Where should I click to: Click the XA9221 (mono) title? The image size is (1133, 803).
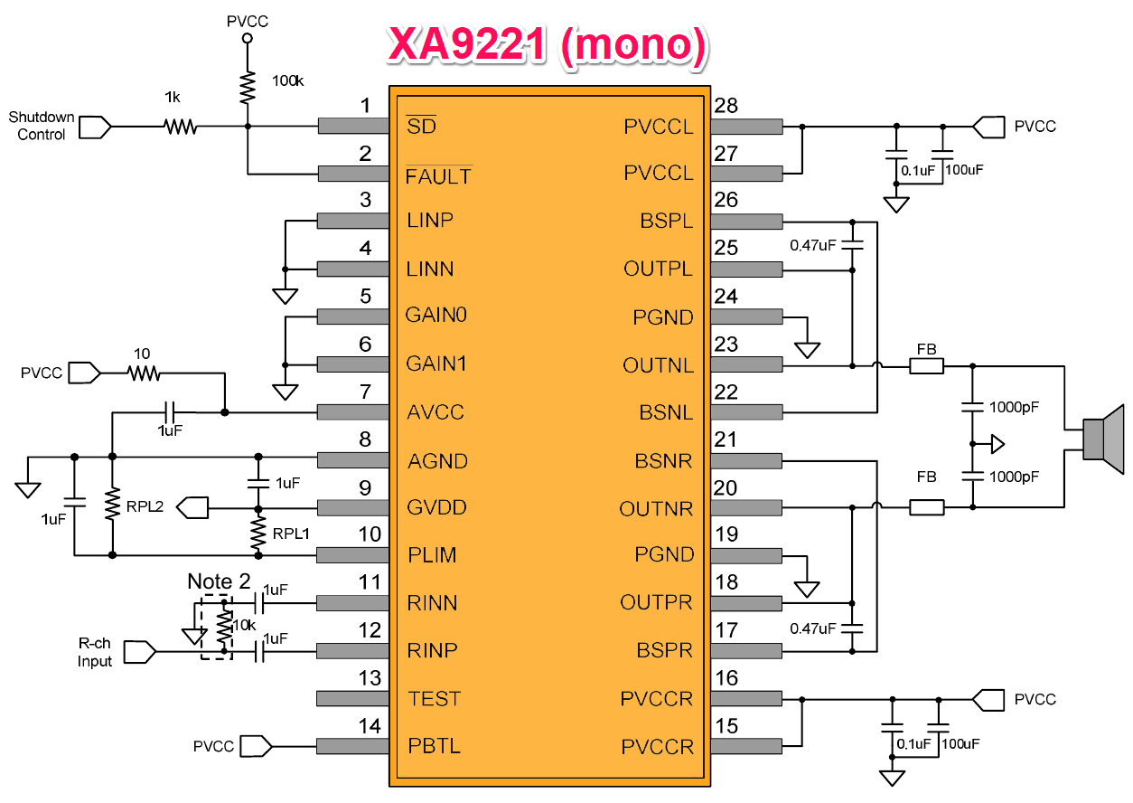tap(548, 44)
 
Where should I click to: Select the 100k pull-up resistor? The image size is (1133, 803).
tap(248, 88)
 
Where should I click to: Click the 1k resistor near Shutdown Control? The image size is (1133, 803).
tap(181, 126)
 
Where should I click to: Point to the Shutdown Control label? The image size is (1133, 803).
tap(42, 126)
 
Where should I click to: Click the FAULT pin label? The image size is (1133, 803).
tap(438, 176)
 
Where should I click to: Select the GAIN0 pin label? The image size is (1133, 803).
tap(436, 315)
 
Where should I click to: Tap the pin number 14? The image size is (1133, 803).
tap(370, 726)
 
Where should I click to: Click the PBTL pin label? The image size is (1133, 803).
tap(434, 746)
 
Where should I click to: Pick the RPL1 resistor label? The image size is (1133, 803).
tap(291, 534)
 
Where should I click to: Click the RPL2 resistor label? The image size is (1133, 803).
tap(145, 506)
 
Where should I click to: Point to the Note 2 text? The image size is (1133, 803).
tap(219, 581)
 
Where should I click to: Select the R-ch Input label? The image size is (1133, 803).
tap(95, 652)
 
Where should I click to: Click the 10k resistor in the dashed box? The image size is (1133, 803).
tap(224, 627)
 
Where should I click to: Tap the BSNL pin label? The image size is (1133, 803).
tap(666, 412)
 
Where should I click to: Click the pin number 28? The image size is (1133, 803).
tap(726, 106)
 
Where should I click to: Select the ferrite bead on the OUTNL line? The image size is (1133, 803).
tap(927, 366)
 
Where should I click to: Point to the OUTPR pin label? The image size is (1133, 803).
tap(656, 602)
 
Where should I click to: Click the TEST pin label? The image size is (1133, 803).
tap(434, 699)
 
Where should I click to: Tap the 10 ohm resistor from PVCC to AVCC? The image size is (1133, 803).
tap(145, 373)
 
